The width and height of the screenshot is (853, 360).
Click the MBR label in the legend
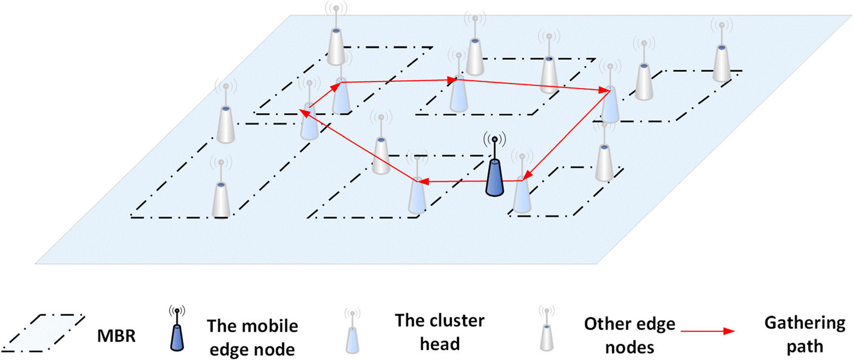[116, 335]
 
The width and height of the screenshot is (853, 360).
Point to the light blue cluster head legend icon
[352, 338]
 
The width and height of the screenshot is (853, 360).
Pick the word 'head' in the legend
[440, 344]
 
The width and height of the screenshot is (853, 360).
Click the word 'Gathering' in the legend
[805, 323]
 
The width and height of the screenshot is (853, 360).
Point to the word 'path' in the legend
[805, 347]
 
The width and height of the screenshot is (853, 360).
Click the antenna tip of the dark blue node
[494, 139]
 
